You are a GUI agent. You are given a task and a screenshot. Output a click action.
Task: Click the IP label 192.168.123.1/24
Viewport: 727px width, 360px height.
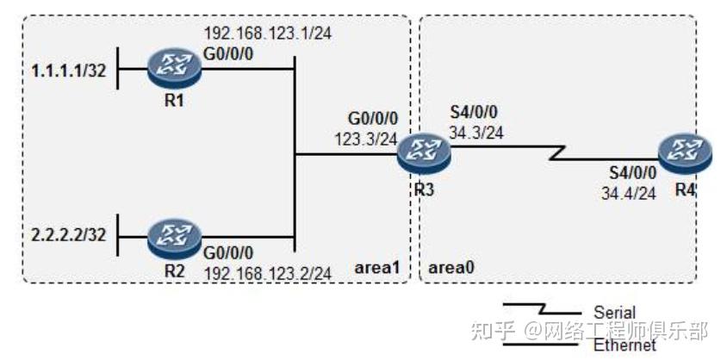[x=257, y=35]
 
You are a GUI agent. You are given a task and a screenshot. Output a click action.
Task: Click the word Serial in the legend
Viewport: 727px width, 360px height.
[x=614, y=312]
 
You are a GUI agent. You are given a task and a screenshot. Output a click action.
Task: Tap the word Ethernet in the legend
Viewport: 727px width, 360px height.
[x=624, y=344]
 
